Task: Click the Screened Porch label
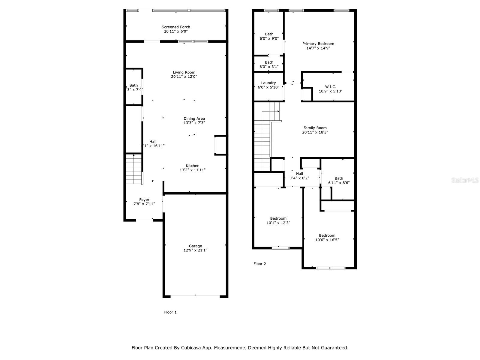point(176,27)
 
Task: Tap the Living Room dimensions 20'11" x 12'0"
point(184,76)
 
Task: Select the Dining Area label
point(194,118)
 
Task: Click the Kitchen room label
point(192,166)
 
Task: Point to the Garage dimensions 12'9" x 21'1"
point(195,250)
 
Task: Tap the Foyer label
point(144,200)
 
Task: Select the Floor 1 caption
point(170,312)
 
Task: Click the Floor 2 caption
point(259,264)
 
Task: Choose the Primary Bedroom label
point(318,44)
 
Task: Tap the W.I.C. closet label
point(330,87)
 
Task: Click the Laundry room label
point(268,83)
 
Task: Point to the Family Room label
point(315,128)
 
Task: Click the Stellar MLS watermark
point(465,180)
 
